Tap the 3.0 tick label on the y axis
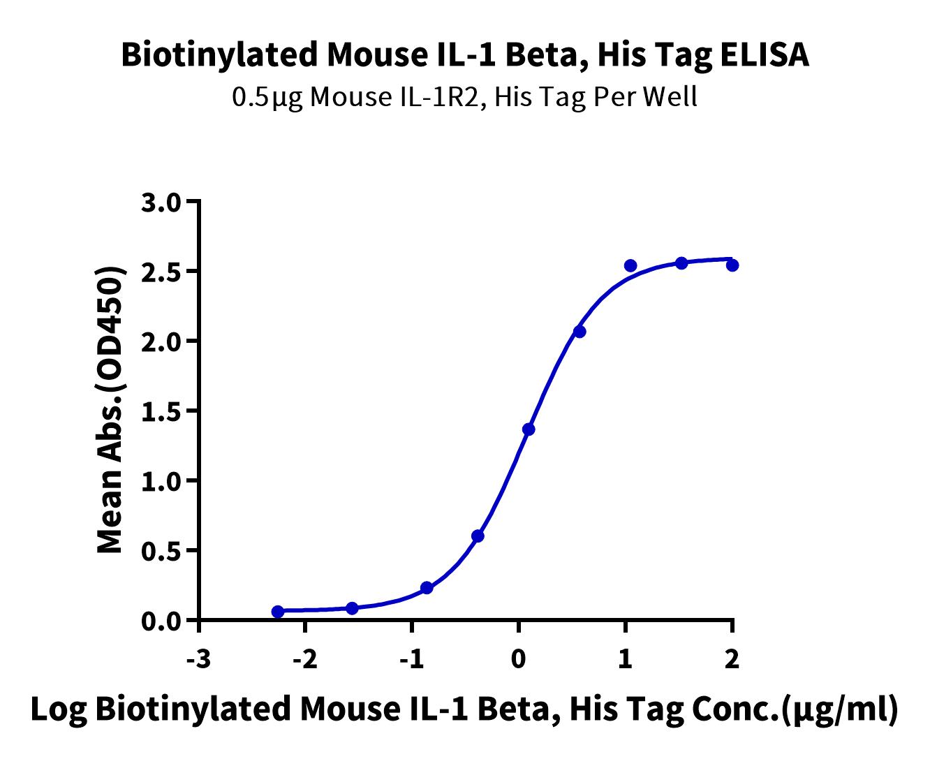(x=161, y=204)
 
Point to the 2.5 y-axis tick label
(x=161, y=274)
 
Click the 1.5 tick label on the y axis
(x=161, y=413)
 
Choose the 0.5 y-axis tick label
(x=161, y=552)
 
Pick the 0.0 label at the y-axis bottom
(x=161, y=622)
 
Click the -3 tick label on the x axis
(x=198, y=661)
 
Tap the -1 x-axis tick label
(x=411, y=661)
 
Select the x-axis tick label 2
(x=732, y=661)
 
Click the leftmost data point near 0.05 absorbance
(x=278, y=612)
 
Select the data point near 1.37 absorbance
(x=529, y=429)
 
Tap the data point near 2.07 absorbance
(x=580, y=332)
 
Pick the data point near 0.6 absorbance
(x=478, y=536)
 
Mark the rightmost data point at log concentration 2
(x=732, y=265)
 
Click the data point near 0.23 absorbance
(x=427, y=588)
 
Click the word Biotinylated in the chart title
(x=220, y=56)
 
